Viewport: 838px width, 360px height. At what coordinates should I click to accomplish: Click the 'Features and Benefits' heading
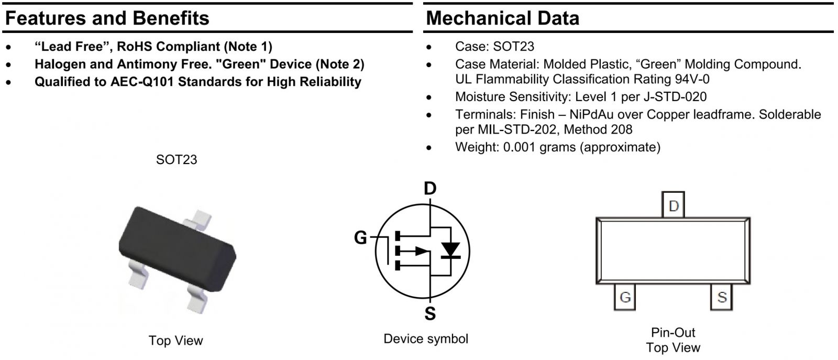point(107,18)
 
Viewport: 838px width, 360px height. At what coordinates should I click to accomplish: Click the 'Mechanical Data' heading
point(502,18)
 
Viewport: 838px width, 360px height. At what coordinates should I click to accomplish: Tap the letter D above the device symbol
point(429,188)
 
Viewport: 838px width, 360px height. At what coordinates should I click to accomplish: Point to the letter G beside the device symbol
point(360,238)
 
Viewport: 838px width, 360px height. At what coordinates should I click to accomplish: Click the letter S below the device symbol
point(429,314)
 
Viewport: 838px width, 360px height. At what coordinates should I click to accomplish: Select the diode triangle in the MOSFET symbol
point(449,250)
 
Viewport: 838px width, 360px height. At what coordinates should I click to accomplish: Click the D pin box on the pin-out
point(674,206)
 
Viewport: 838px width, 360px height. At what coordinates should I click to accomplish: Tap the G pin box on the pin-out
point(625,297)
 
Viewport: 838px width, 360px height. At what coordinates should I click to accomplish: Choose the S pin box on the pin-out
point(722,297)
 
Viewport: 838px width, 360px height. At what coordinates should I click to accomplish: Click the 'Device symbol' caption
point(426,339)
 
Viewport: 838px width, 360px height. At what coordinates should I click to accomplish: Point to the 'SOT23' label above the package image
point(177,160)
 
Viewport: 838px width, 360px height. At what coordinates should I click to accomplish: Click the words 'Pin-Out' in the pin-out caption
point(673,332)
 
